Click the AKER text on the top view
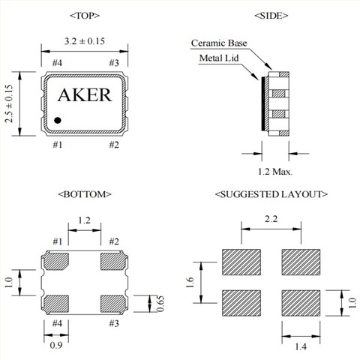tap(84, 96)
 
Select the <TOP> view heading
tap(84, 15)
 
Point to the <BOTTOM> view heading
tap(84, 194)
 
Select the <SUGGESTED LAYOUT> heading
tap(271, 194)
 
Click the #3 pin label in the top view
tap(115, 62)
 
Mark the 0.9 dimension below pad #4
tap(56, 345)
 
